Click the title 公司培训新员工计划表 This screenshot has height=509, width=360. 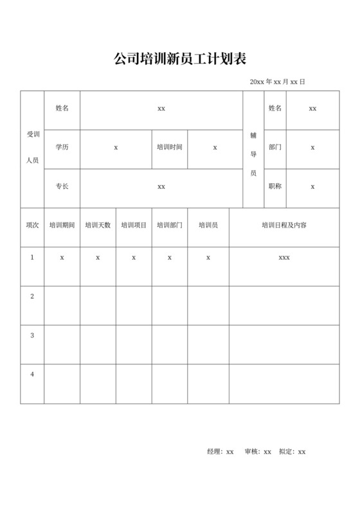(180, 59)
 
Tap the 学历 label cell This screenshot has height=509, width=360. (62, 147)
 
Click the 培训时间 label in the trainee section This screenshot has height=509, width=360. (169, 147)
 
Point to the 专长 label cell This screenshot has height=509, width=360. (62, 186)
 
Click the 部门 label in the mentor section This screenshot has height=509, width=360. (275, 147)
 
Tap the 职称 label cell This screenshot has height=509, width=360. (275, 186)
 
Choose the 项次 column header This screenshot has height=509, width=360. (32, 226)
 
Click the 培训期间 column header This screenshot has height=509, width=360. (62, 226)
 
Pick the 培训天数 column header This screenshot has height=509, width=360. (98, 226)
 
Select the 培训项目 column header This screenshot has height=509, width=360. (134, 226)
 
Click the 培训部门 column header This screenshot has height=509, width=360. (170, 226)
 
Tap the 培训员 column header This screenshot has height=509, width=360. (208, 226)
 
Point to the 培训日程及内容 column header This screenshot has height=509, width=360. (284, 226)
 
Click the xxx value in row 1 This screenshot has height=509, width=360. (284, 257)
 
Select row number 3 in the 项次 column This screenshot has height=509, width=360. (32, 335)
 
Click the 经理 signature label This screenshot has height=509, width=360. (215, 452)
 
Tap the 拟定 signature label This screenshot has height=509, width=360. (286, 452)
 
